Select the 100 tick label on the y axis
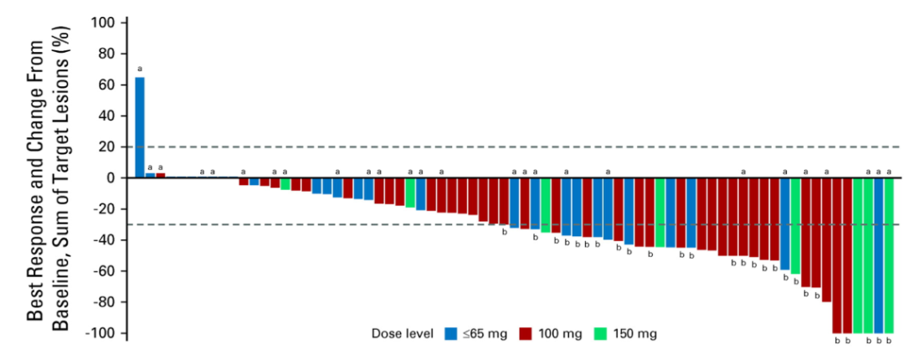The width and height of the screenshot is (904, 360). click(103, 23)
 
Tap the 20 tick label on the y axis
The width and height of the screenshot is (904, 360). click(106, 147)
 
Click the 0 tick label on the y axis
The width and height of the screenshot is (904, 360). click(110, 178)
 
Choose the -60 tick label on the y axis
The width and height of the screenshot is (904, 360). click(103, 272)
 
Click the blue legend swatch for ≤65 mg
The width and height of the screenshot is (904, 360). click(451, 334)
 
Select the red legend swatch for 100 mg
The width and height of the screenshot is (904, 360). click(528, 334)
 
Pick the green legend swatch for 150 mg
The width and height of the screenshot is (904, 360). click(602, 334)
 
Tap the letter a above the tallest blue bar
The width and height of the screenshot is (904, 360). click(140, 69)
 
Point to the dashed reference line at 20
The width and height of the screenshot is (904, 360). click(502, 147)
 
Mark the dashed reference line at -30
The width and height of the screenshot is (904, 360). click(335, 224)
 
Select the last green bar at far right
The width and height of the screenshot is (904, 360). click(889, 255)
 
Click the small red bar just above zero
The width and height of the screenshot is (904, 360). click(161, 176)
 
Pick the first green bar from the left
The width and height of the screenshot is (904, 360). click(285, 184)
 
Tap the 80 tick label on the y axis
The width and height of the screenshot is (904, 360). click(106, 54)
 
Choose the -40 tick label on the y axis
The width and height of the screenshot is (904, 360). click(103, 241)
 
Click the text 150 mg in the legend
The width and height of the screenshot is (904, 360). click(637, 334)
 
